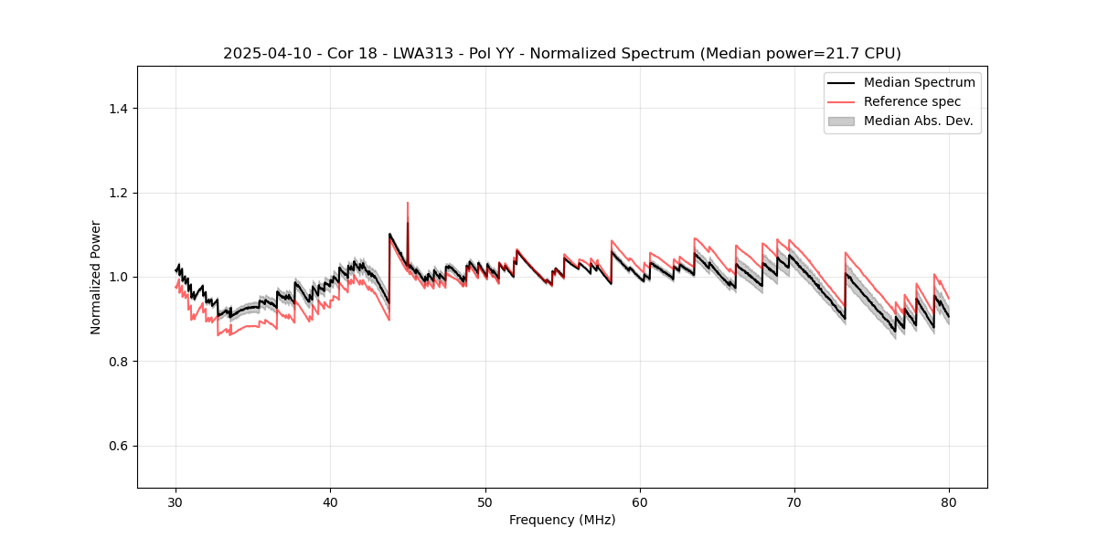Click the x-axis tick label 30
point(176,502)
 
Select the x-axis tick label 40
point(330,502)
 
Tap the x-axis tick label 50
point(485,502)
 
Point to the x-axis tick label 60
point(640,502)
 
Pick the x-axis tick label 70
point(794,502)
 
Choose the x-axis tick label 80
point(949,502)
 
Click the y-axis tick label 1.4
point(118,109)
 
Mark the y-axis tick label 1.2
point(118,193)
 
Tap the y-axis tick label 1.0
point(118,277)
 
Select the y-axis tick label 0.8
point(118,362)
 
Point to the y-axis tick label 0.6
point(118,446)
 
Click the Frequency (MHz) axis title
point(562,520)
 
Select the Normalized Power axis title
point(96,277)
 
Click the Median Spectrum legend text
point(919,82)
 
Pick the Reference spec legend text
point(911,101)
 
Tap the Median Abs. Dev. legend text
point(918,121)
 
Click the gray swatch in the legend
point(841,121)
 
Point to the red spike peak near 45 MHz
point(408,203)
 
